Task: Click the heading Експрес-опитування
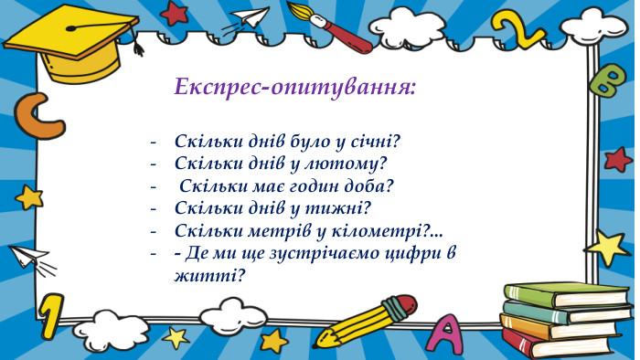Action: [x=295, y=88]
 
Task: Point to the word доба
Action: [x=370, y=186]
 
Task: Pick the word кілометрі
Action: [x=384, y=229]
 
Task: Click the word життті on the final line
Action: [x=208, y=272]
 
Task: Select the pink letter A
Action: [x=448, y=333]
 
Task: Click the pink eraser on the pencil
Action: [x=400, y=303]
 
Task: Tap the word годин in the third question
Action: [x=307, y=186]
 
